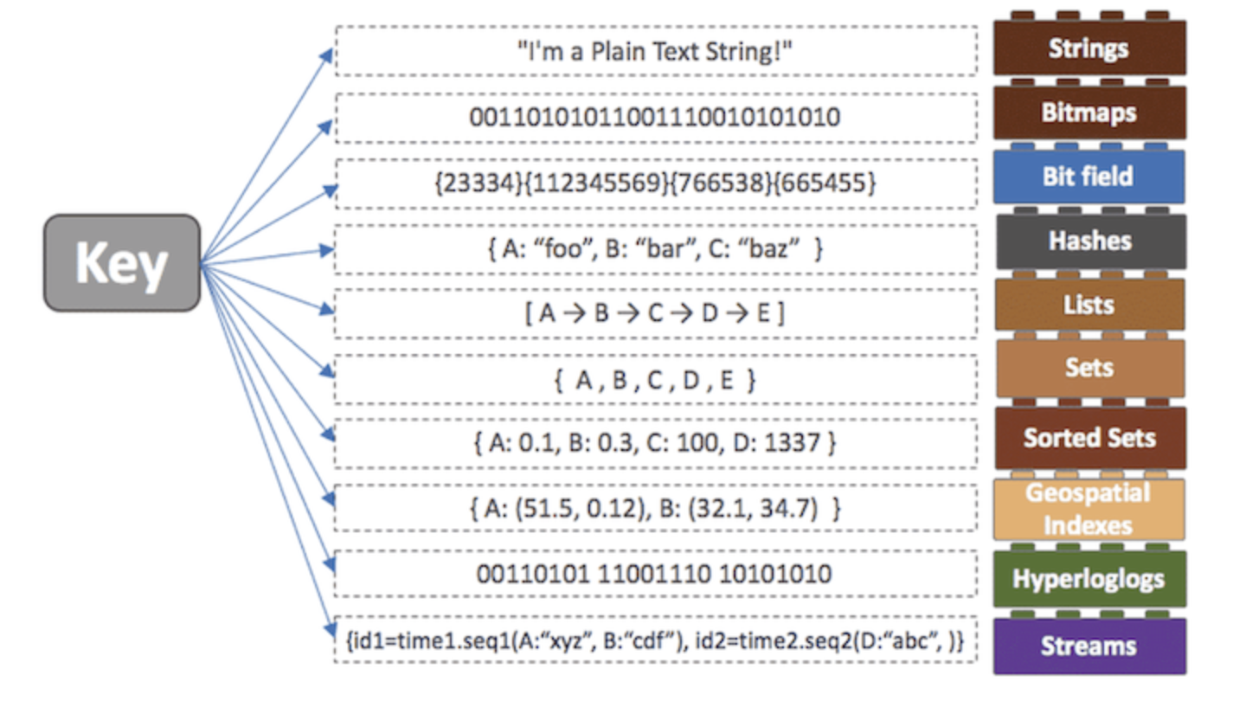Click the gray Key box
click(x=122, y=263)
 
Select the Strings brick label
click(x=1089, y=48)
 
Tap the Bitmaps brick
click(x=1089, y=113)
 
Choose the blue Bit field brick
click(x=1089, y=177)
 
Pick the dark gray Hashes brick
click(x=1089, y=241)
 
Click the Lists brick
click(x=1089, y=305)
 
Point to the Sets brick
click(x=1089, y=369)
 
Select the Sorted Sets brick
click(x=1089, y=438)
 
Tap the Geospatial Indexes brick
click(x=1089, y=509)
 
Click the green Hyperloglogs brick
click(x=1089, y=579)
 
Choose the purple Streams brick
click(x=1089, y=646)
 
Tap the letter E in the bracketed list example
click(x=761, y=313)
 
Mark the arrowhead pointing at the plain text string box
click(x=326, y=55)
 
